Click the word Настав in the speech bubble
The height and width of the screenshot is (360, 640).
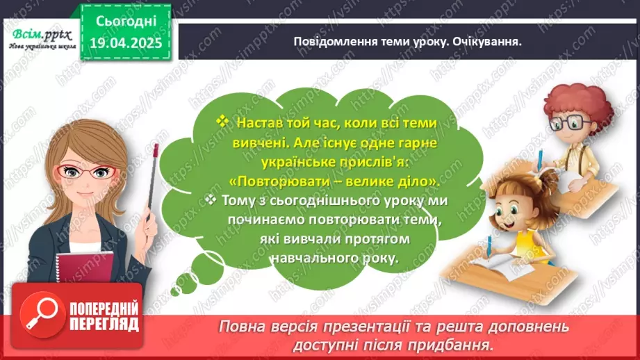coord(259,122)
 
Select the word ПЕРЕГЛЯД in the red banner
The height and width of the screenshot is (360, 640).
coord(104,324)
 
